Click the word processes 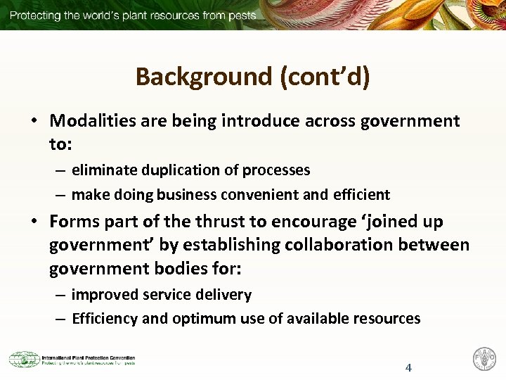276,170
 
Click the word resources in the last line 386,318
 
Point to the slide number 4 408,367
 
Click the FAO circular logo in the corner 484,359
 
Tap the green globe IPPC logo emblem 24,360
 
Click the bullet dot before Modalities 34,121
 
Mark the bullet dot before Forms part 34,222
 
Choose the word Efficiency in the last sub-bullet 105,319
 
